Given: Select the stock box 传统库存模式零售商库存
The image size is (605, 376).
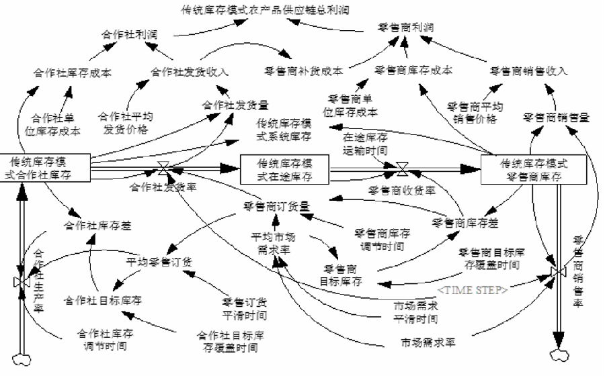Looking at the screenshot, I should coord(534,169).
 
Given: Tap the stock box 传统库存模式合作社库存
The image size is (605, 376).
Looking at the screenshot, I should coord(45,167).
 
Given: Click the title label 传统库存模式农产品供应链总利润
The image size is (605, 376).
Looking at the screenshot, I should coord(265,10).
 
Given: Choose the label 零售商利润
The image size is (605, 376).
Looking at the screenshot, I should coord(405,28).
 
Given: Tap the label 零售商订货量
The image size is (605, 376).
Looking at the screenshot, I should coord(276,206).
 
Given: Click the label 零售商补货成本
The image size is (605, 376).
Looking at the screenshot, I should coord(303,70).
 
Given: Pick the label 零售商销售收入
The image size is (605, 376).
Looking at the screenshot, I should coord(528,70).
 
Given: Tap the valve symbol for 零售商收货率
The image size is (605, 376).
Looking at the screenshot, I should coord(401,169).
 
